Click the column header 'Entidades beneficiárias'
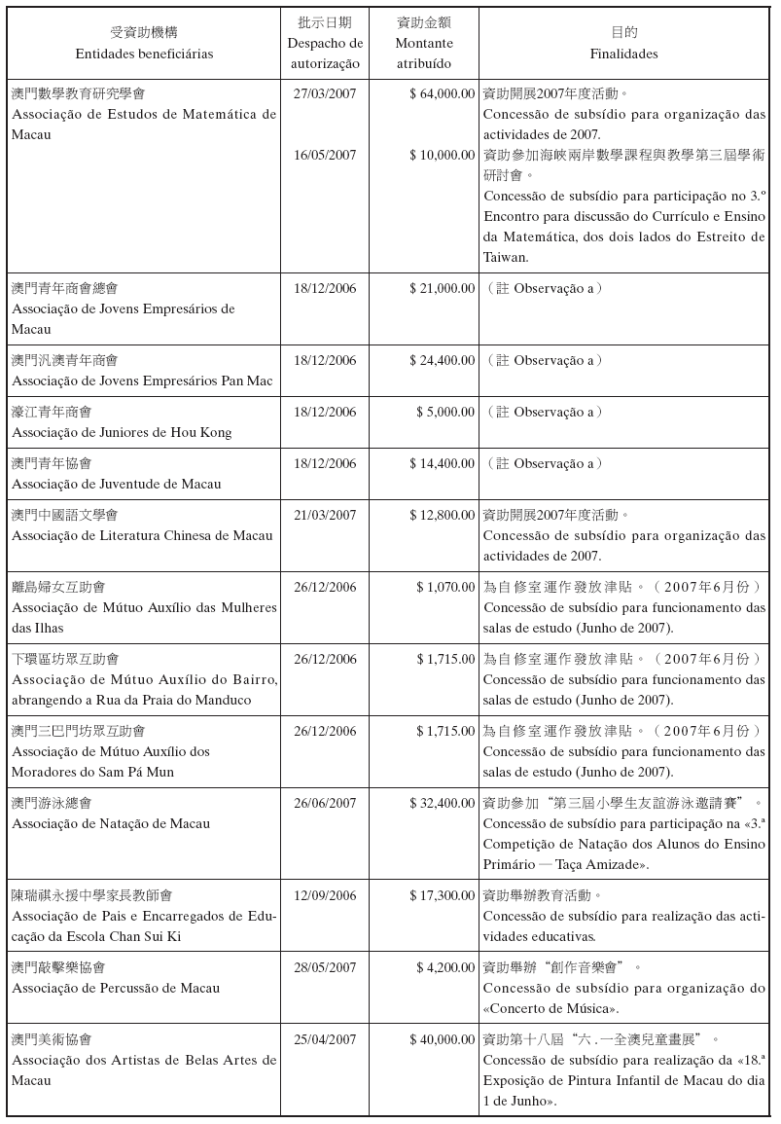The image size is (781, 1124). [x=143, y=54]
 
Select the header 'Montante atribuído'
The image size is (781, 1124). [x=423, y=54]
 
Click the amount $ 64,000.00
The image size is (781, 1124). [x=442, y=94]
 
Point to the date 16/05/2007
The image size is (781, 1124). [x=325, y=156]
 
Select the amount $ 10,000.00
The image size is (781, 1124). [x=442, y=156]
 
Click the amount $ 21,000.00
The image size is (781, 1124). [x=442, y=289]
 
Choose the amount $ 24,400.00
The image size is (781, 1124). [x=442, y=361]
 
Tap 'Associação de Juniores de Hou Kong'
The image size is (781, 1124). [x=122, y=432]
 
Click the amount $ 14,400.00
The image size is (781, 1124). [x=442, y=464]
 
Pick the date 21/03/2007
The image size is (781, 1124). [x=325, y=516]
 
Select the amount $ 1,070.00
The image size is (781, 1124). [x=445, y=588]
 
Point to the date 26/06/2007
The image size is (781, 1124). [x=325, y=804]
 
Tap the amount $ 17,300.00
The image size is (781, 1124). [x=442, y=895]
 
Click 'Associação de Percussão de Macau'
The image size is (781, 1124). [x=117, y=988]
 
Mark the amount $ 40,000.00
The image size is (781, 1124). [x=442, y=1040]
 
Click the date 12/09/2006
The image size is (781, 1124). [x=325, y=895]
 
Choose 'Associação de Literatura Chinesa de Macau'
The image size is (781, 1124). [x=142, y=536]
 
